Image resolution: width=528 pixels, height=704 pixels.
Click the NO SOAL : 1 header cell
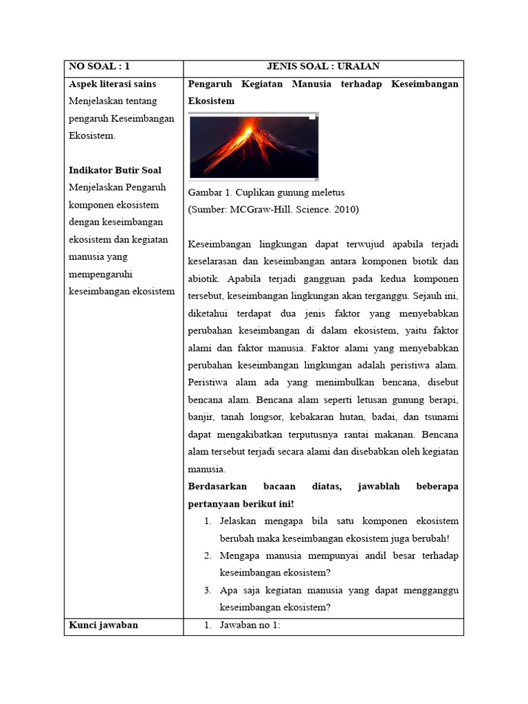(x=99, y=67)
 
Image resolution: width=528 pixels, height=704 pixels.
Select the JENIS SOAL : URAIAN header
(x=323, y=67)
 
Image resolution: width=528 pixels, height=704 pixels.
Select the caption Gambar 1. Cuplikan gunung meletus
(x=266, y=192)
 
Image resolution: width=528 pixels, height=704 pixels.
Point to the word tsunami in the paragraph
(x=440, y=417)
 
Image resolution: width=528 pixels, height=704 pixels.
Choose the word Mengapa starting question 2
(x=241, y=555)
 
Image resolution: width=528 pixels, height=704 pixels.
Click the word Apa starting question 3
(x=228, y=590)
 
